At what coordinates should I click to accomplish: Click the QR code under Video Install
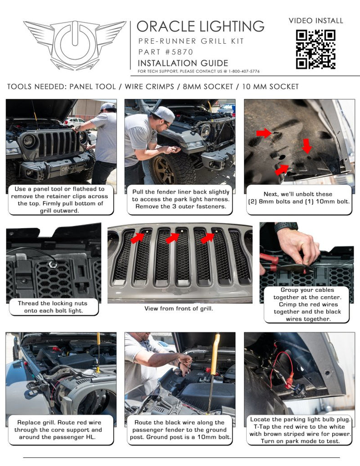pos(315,49)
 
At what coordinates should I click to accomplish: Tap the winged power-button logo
pos(75,45)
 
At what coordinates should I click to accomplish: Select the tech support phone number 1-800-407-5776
pos(241,71)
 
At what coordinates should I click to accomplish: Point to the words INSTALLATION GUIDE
pos(183,63)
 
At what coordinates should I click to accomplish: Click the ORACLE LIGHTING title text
pos(200,26)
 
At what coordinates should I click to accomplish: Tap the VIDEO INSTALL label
pos(316,20)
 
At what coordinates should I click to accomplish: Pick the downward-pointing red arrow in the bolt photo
pos(307,146)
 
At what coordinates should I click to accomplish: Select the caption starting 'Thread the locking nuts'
pos(54,307)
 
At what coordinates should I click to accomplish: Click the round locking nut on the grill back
pos(53,264)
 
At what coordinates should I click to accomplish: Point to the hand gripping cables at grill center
pos(298,246)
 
